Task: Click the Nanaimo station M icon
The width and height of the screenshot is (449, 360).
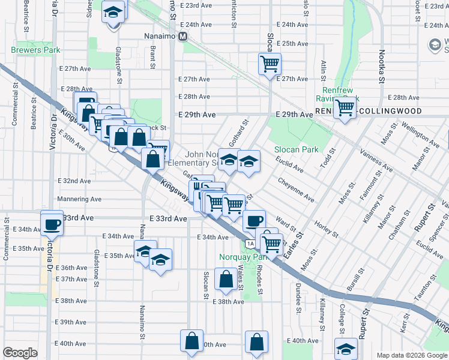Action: click(183, 36)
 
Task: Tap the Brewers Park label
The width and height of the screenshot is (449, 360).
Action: click(35, 51)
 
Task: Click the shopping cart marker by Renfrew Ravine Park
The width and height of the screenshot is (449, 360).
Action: click(345, 108)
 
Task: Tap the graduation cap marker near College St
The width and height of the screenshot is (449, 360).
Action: click(346, 348)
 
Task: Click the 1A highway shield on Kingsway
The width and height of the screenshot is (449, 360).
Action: click(249, 243)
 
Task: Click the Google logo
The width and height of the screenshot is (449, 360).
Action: click(20, 353)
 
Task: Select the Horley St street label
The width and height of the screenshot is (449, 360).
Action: click(327, 228)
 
